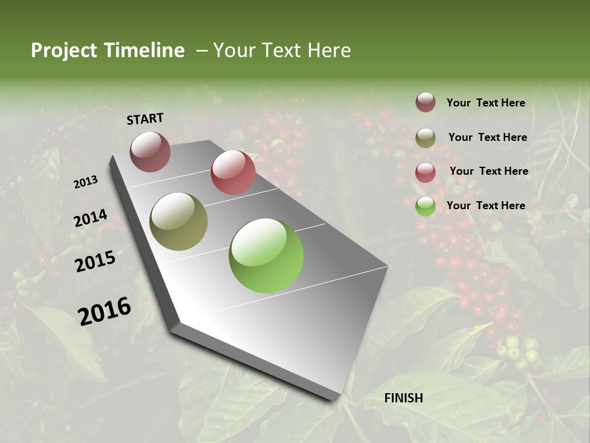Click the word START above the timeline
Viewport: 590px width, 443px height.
[145, 118]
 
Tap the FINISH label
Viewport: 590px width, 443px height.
[404, 398]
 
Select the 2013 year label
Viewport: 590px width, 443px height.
[85, 182]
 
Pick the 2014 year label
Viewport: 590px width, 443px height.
[90, 218]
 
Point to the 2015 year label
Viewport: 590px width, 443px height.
[95, 261]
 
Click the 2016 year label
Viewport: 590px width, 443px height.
[104, 311]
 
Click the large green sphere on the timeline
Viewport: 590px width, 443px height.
[266, 255]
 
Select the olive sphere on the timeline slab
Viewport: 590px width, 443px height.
[178, 221]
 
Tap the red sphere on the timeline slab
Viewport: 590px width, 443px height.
[233, 172]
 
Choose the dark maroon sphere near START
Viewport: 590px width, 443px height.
[150, 151]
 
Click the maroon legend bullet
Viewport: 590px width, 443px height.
[425, 103]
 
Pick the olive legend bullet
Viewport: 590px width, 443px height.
[425, 138]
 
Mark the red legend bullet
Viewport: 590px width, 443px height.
[425, 172]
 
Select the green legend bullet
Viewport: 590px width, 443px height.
[425, 206]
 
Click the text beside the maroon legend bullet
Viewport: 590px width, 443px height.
[486, 103]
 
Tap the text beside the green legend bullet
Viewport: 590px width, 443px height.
[486, 206]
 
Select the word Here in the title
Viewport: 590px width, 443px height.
[329, 50]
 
